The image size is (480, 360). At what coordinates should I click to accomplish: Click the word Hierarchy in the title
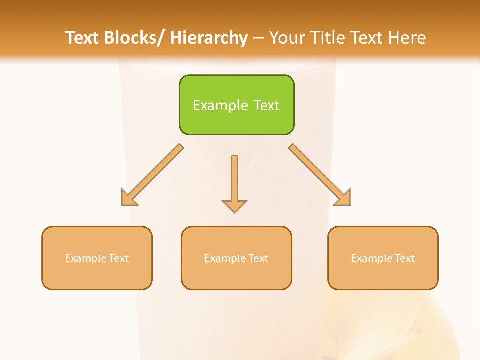pos(208,38)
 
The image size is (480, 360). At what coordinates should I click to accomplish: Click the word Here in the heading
pos(407,38)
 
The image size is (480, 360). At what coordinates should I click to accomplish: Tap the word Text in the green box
pos(266,105)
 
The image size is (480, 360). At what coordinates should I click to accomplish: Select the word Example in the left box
pos(85,258)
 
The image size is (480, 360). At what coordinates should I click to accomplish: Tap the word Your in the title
pos(287,38)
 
